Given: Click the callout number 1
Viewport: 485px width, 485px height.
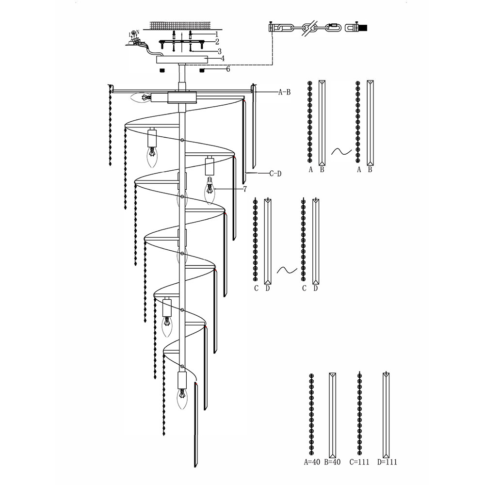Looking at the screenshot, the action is click(217, 34).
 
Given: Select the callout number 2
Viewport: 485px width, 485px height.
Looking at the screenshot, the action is click(217, 41).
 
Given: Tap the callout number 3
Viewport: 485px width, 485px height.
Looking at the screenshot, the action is click(219, 51).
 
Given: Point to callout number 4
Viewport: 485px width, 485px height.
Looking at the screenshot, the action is click(222, 59).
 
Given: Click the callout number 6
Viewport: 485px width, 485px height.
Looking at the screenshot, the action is click(228, 69).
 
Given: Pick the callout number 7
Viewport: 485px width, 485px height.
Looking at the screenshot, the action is click(244, 189).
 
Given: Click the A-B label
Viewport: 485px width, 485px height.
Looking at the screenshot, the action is click(285, 92).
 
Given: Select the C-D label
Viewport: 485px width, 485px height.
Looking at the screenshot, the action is click(275, 174).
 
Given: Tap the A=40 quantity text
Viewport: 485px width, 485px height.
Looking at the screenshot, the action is click(312, 462).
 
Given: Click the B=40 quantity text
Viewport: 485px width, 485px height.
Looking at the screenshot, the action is click(332, 462).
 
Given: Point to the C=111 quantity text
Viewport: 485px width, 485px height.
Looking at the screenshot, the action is click(359, 462).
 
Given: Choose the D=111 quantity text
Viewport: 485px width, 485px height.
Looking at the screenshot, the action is click(387, 462).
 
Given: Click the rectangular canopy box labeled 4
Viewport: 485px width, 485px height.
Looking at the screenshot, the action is click(182, 59).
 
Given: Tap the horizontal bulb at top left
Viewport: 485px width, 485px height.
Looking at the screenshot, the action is click(141, 98).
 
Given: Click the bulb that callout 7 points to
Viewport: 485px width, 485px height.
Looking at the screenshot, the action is click(210, 191).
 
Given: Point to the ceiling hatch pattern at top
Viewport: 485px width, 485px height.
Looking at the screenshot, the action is click(180, 26).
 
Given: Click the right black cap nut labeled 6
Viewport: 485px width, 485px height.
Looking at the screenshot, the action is click(203, 70).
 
